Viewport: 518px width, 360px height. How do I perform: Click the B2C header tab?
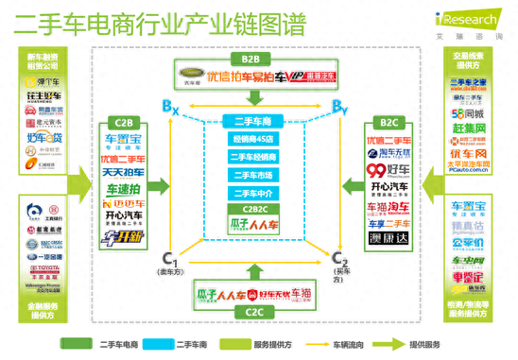coord(389,123)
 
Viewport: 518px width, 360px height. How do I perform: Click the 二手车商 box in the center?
coord(252,121)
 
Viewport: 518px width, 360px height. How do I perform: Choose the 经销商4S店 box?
coord(252,140)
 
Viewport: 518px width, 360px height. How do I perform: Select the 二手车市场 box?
coord(252,176)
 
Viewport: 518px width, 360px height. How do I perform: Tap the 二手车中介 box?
coord(252,194)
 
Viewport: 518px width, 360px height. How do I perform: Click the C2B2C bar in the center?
coord(252,209)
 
